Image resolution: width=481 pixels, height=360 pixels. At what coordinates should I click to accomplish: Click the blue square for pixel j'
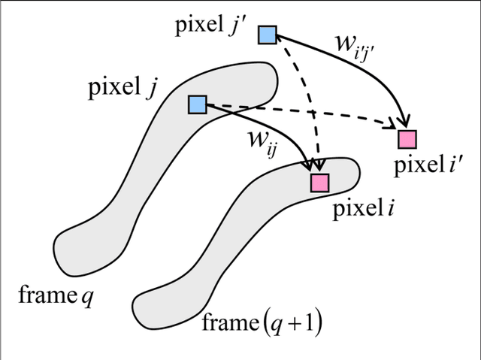pos(268,35)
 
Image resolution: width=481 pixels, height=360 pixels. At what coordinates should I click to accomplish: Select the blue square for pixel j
pos(197,104)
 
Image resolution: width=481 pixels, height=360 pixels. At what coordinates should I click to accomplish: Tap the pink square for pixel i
pos(319,183)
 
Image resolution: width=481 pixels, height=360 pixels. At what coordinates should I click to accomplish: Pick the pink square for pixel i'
pos(407,139)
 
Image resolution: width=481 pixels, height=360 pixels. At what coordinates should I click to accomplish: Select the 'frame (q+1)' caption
pos(263,324)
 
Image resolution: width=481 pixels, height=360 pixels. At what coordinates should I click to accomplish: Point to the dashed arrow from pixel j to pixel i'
pos(338,119)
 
